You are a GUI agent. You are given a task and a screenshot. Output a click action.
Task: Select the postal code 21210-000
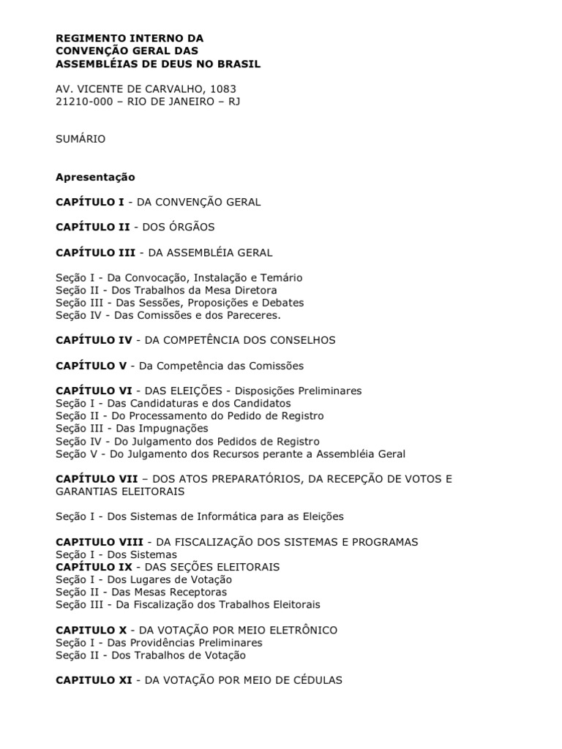(x=84, y=101)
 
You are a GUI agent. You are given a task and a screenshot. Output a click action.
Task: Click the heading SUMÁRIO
(x=80, y=139)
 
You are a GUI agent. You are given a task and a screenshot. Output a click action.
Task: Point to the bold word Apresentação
(x=95, y=177)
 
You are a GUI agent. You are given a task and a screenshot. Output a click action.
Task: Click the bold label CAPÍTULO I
(x=90, y=202)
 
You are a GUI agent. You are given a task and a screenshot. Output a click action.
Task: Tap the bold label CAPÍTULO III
(x=95, y=252)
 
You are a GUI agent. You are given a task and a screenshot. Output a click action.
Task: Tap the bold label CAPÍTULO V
(x=92, y=366)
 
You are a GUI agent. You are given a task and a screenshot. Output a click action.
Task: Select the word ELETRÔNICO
(x=298, y=630)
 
